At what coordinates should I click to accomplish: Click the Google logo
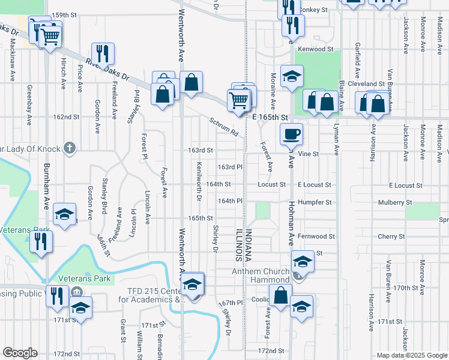(20, 353)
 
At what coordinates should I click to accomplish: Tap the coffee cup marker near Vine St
(292, 134)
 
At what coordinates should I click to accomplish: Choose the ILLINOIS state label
(238, 245)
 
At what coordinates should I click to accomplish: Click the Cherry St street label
(391, 237)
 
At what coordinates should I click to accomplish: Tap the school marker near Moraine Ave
(292, 76)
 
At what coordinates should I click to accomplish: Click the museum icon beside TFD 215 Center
(76, 292)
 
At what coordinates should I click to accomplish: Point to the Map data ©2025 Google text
(412, 355)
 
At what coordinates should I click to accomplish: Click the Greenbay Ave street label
(28, 105)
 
